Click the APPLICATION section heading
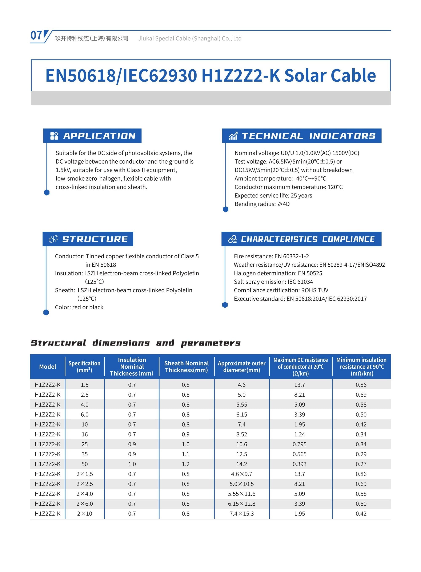99,136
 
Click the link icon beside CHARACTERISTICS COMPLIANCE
232,239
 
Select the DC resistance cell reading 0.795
300,444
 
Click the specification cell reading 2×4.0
85,494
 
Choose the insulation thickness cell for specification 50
132,464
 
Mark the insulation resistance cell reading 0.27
361,464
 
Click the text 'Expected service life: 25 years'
273,195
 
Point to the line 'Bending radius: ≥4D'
262,204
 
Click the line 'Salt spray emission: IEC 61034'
273,282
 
